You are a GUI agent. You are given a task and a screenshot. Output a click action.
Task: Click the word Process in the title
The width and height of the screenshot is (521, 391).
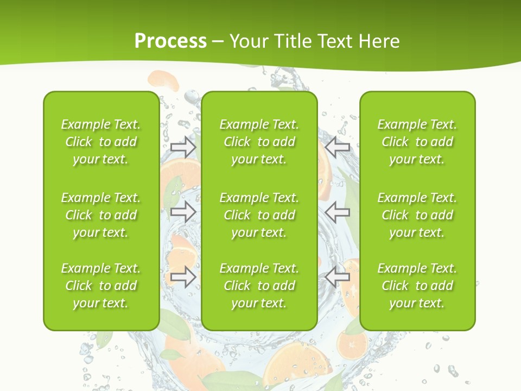[170, 41]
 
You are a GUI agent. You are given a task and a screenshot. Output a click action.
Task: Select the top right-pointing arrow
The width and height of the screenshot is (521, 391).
[183, 147]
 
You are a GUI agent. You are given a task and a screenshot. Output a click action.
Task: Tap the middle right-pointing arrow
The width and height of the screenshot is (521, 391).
[183, 212]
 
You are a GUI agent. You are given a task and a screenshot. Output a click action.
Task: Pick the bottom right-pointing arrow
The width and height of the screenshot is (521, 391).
[183, 277]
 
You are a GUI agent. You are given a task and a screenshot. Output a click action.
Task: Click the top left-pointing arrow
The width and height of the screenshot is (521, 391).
[337, 147]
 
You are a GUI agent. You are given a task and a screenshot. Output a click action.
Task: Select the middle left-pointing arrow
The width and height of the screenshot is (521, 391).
[337, 212]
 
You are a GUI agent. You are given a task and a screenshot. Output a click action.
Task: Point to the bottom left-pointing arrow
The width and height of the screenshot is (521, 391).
[337, 277]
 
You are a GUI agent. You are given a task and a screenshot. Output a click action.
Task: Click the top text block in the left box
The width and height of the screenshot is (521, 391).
[101, 142]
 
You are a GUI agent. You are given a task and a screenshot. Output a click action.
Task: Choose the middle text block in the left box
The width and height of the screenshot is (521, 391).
[101, 215]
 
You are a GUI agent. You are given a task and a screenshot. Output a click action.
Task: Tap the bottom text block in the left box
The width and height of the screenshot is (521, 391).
[101, 286]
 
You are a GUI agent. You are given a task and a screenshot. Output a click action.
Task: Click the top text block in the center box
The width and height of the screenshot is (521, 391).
[259, 142]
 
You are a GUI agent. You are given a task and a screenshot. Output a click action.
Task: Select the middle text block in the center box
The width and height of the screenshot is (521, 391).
[259, 215]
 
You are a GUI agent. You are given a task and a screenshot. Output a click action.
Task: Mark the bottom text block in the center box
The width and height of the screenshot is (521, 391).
[259, 286]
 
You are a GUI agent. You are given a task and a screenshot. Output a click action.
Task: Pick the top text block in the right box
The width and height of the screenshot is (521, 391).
[417, 142]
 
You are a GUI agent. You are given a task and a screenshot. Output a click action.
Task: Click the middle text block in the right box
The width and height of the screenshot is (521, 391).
[417, 215]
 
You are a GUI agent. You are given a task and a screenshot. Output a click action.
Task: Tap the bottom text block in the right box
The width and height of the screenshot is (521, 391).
[417, 286]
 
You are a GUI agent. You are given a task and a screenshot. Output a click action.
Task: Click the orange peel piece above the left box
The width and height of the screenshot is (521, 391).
[164, 81]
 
